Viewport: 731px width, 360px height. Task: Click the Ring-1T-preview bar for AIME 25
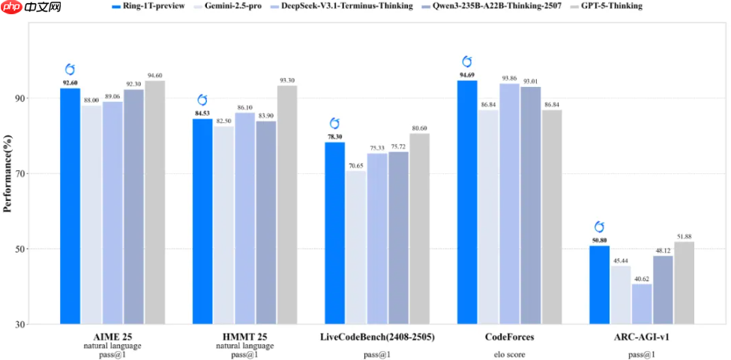[x=70, y=206]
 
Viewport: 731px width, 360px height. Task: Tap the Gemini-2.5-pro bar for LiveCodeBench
[x=356, y=247]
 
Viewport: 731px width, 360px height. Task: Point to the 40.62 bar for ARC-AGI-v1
[x=642, y=304]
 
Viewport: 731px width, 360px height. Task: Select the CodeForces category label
[x=510, y=337]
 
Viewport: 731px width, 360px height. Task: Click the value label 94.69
[x=468, y=75]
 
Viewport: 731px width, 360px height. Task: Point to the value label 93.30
[x=287, y=80]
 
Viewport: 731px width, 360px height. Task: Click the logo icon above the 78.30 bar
[x=335, y=124]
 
